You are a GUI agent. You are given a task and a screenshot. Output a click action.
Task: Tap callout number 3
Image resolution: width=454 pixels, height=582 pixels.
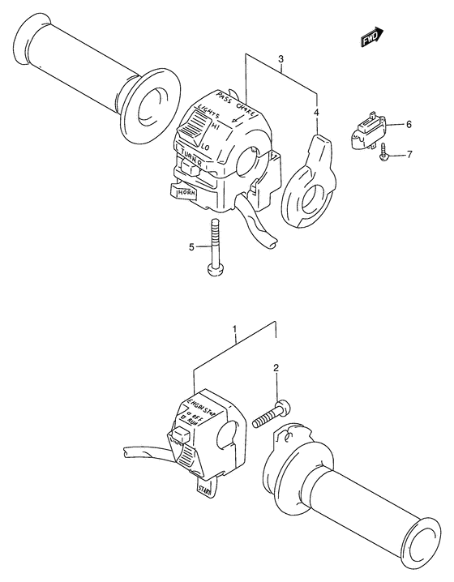point(280,59)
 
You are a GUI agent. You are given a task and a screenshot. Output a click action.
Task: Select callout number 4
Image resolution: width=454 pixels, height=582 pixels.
point(317,113)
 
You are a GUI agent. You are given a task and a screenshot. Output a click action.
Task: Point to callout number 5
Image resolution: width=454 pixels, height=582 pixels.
point(191,246)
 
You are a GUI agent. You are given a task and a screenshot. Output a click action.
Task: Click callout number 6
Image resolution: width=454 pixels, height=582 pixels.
point(409,124)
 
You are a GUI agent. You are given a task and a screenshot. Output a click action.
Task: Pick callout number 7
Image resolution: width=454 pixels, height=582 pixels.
point(409,153)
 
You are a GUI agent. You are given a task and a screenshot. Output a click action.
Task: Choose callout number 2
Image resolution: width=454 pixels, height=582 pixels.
point(276,369)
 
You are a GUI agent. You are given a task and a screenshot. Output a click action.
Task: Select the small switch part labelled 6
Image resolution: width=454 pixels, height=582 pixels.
point(368,130)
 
